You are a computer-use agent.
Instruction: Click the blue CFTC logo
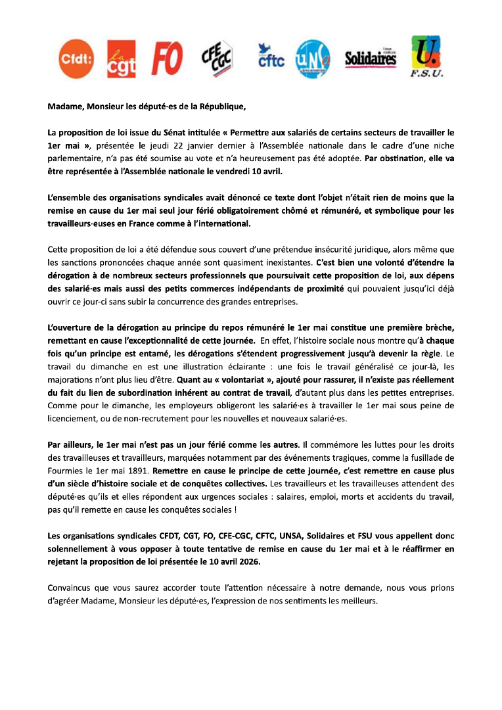270,58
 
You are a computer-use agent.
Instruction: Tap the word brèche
435,326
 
